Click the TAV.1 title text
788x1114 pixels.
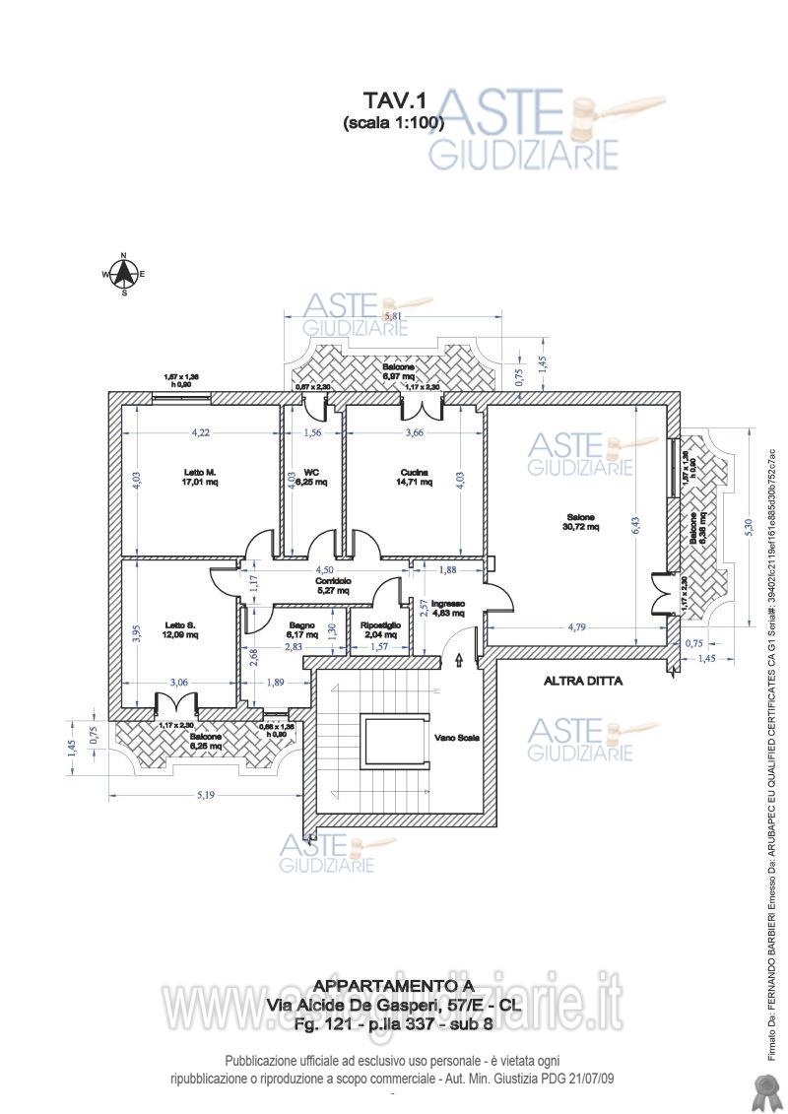393,100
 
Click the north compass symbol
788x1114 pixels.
124,275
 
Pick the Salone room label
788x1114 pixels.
581,517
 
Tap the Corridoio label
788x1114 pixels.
333,581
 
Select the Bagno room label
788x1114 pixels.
301,625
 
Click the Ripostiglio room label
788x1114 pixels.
380,625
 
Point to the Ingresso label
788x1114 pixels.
447,604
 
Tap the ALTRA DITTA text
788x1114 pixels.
583,680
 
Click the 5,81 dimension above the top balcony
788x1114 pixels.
393,316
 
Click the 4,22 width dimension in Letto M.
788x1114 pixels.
201,431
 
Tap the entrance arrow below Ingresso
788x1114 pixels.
459,663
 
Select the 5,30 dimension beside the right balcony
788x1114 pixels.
750,527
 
